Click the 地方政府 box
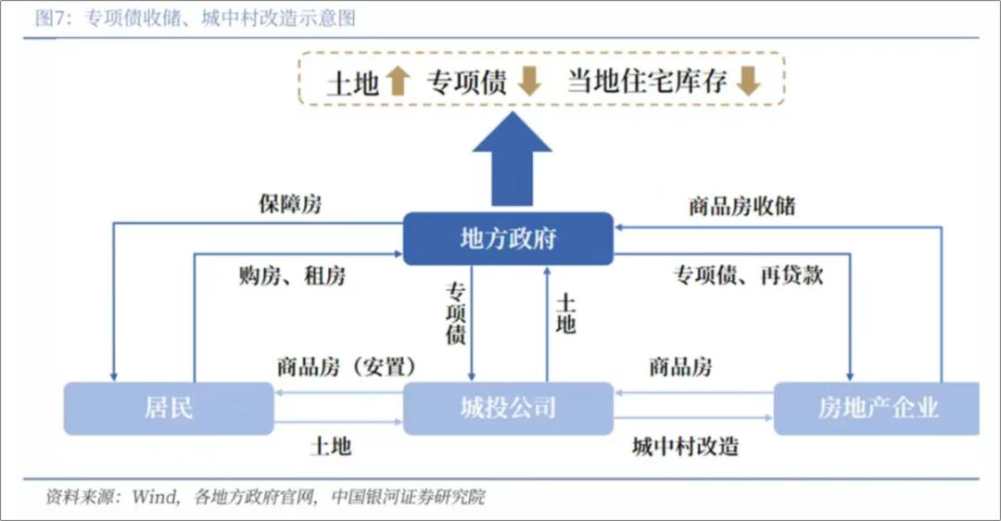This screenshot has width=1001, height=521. [508, 238]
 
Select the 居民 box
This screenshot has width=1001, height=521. [169, 408]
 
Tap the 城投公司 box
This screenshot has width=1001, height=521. [508, 408]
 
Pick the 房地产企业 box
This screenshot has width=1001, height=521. [877, 408]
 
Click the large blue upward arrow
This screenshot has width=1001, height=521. [512, 162]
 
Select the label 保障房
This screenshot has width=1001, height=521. [290, 205]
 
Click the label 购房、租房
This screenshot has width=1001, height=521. [292, 275]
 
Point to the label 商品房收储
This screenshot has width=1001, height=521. [741, 205]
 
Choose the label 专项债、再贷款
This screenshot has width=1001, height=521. [748, 275]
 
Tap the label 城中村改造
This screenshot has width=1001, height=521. [685, 446]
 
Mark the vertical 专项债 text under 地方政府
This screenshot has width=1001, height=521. [455, 313]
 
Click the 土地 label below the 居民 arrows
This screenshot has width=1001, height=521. [330, 446]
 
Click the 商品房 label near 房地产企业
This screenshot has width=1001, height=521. [680, 366]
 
